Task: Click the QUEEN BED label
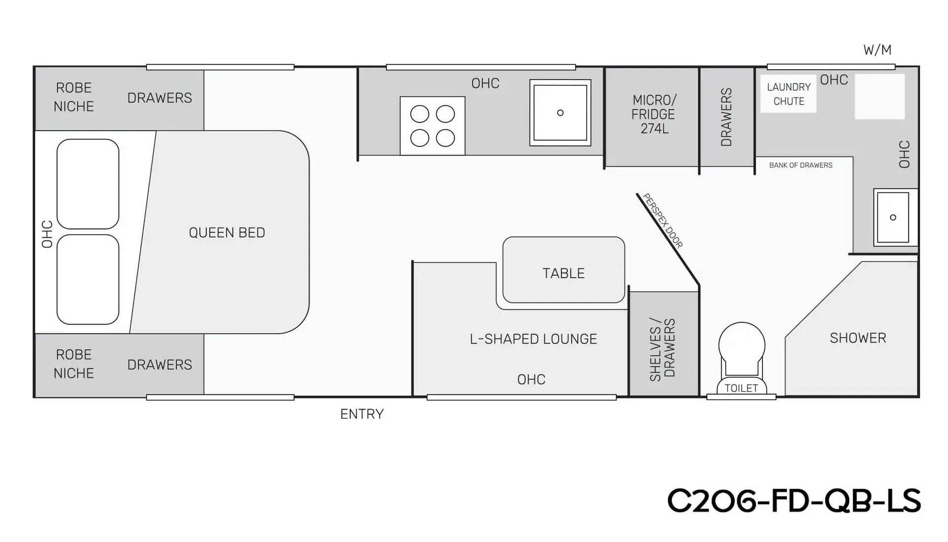[x=227, y=233]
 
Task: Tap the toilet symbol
[x=742, y=358]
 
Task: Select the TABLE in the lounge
[x=564, y=270]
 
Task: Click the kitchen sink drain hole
[x=560, y=113]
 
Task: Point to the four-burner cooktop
[x=433, y=126]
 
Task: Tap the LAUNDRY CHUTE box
[x=788, y=94]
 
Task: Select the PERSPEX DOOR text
[x=663, y=220]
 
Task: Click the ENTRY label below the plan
[x=362, y=414]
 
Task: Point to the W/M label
[x=877, y=50]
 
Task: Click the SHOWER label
[x=858, y=338]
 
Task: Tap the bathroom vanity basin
[x=893, y=217]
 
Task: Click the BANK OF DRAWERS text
[x=801, y=165]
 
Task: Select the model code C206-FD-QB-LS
[x=794, y=500]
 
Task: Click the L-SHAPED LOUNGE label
[x=533, y=339]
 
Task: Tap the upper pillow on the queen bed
[x=88, y=184]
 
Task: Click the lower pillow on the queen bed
[x=88, y=279]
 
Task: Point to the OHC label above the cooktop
[x=485, y=83]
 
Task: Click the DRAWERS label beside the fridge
[x=726, y=117]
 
